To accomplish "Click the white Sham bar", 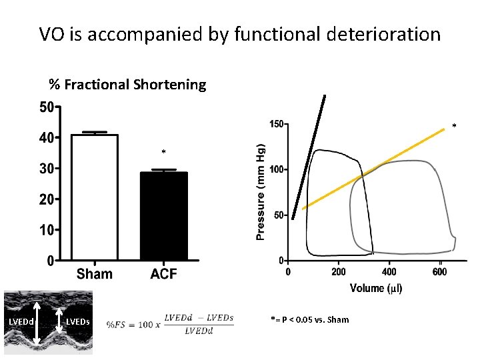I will tap(94, 197).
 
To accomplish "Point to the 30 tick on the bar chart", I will tap(46, 169).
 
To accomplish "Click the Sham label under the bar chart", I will tap(94, 273).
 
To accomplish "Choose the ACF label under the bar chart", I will tap(163, 273).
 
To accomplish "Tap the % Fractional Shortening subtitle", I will tap(127, 85).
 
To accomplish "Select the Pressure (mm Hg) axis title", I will tap(261, 190).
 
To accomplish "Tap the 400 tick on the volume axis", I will tap(389, 271).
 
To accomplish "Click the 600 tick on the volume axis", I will tap(440, 271).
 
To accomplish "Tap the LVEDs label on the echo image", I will tap(78, 323).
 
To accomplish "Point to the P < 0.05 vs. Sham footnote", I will tap(310, 319).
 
